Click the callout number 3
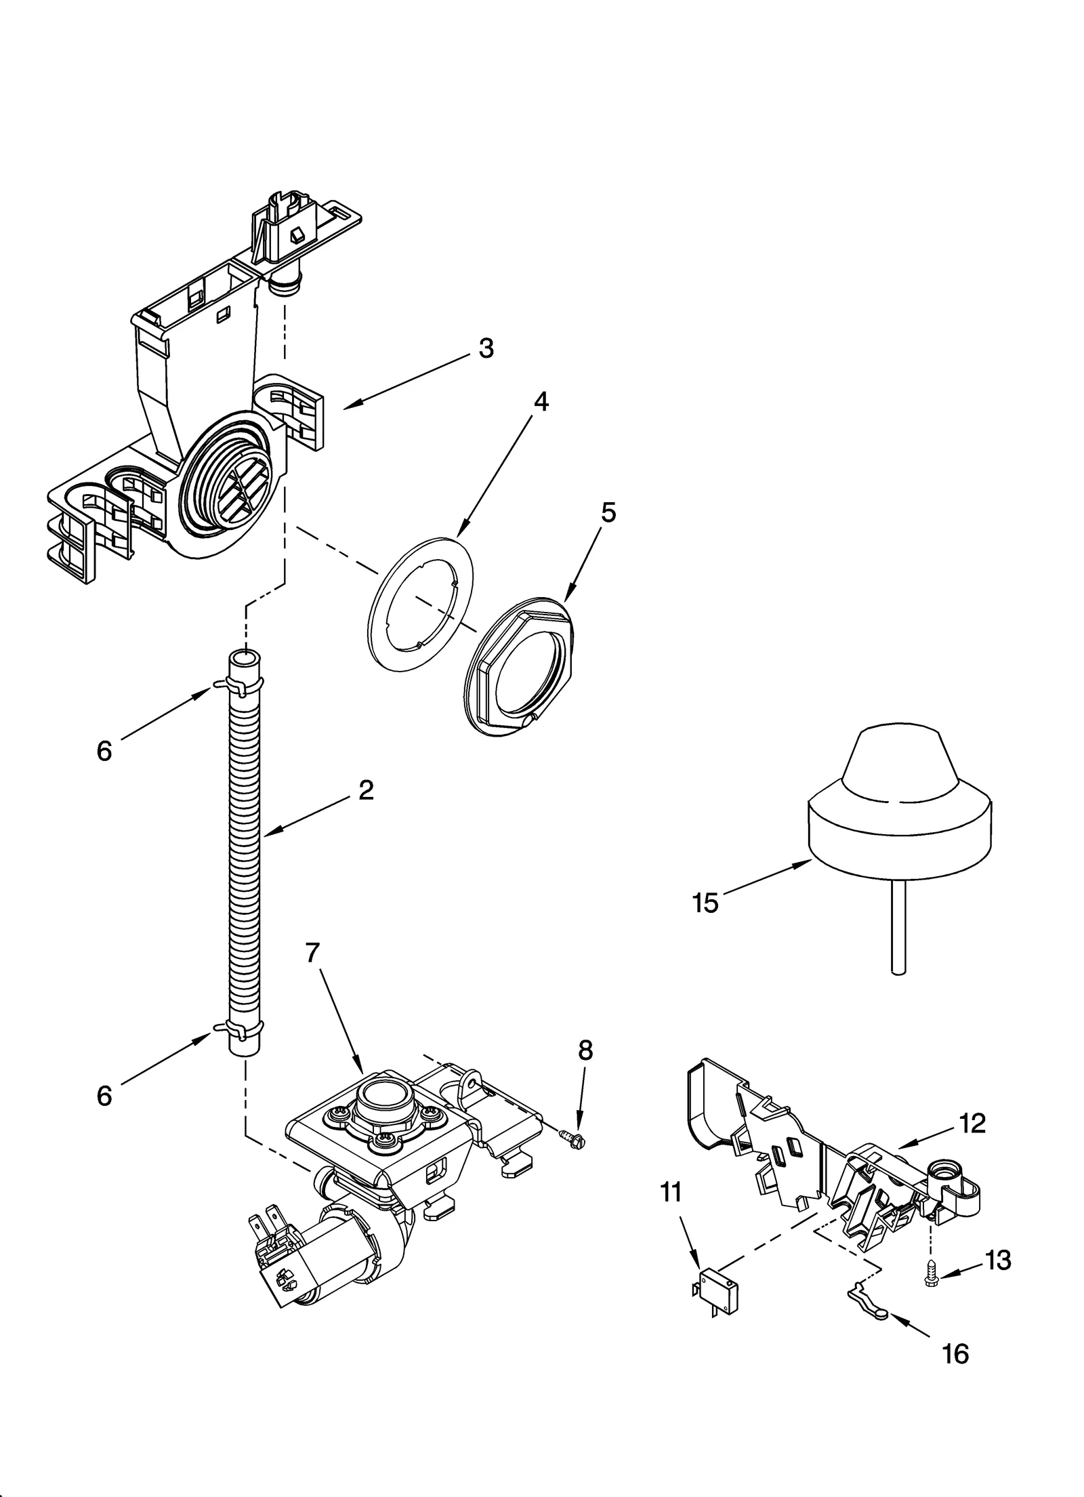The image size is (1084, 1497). pos(486,348)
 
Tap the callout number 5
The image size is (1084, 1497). pos(608,513)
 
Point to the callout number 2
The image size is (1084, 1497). pos(366,789)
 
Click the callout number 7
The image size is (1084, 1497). pos(312,953)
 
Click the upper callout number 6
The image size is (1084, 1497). pos(104,750)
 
